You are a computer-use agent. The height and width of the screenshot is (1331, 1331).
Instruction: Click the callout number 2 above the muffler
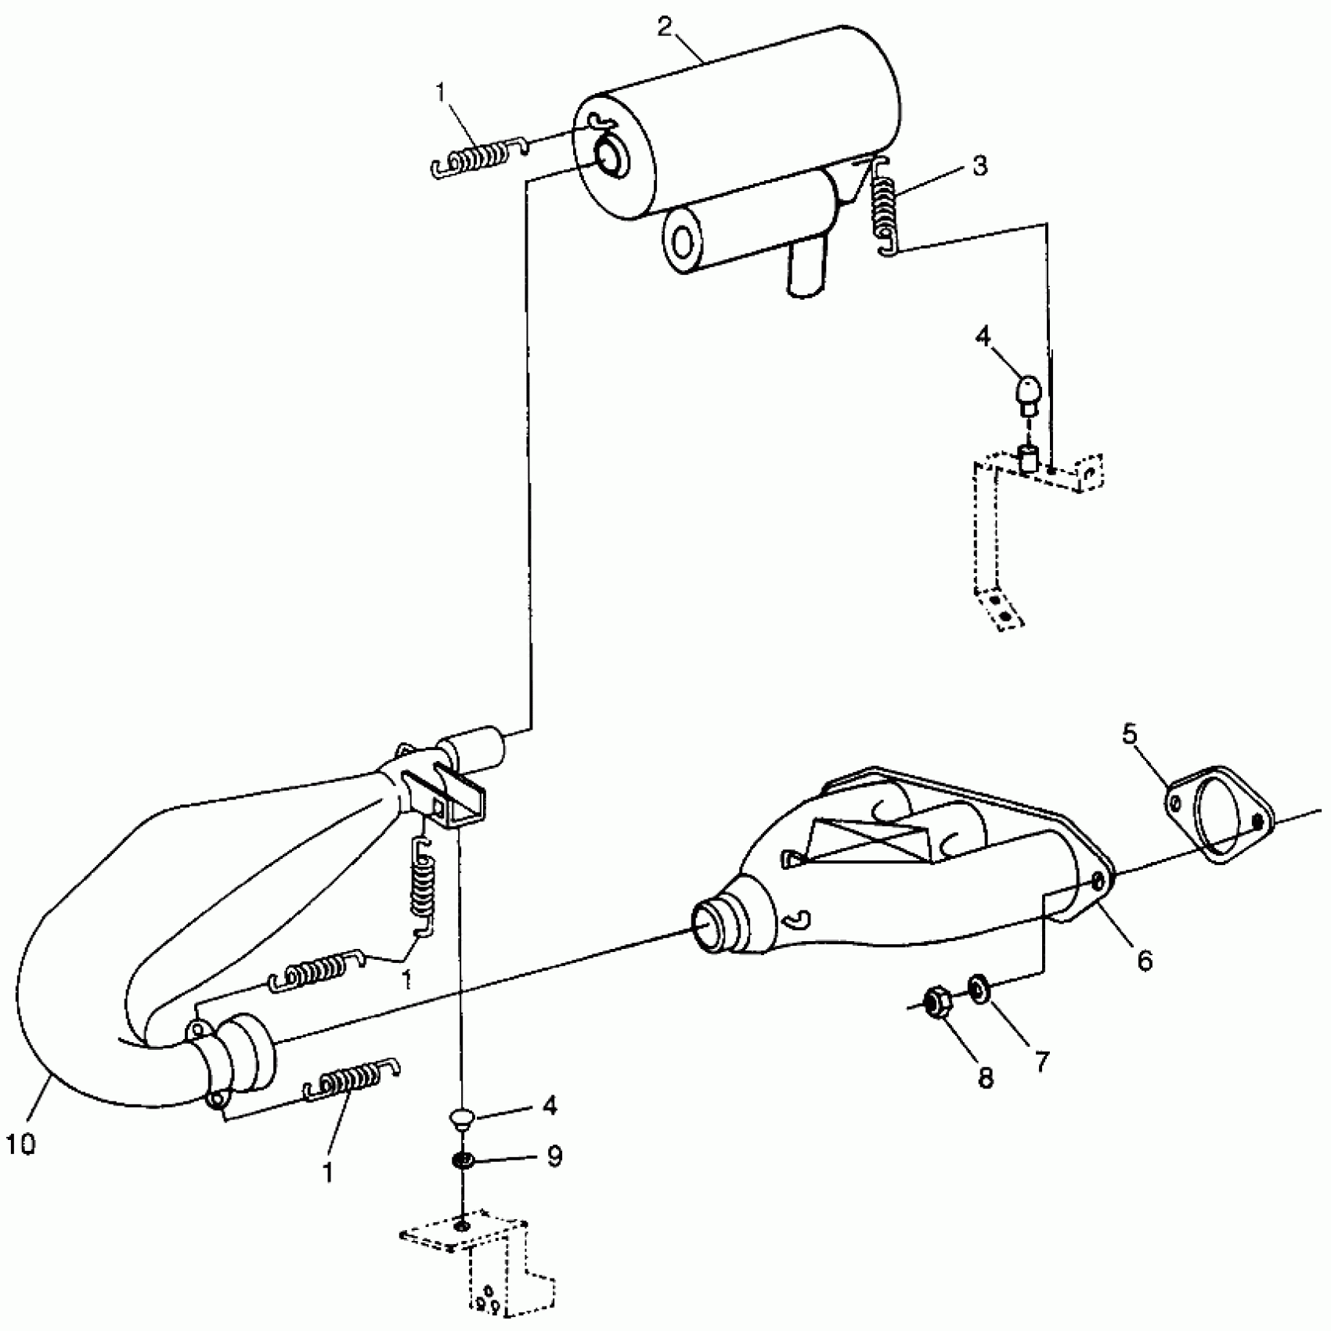click(665, 27)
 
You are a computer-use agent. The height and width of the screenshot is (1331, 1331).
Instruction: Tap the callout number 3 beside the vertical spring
click(980, 166)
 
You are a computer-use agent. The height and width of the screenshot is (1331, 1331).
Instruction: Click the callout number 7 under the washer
click(1041, 1062)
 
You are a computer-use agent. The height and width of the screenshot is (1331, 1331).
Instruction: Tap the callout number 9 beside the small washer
click(554, 1156)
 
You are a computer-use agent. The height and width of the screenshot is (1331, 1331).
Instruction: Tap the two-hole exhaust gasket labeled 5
click(1217, 814)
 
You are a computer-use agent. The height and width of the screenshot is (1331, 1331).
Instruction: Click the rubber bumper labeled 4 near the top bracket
click(1029, 391)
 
